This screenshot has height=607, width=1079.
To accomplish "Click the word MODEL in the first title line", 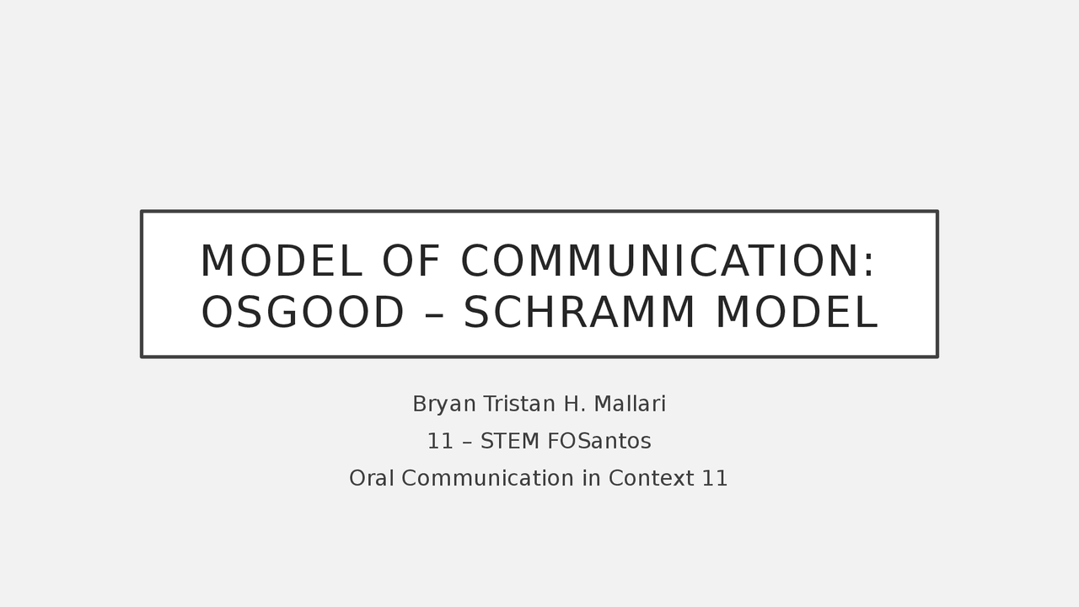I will (x=281, y=261).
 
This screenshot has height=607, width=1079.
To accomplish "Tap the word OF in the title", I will (x=411, y=261).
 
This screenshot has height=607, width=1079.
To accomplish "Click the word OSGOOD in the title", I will (x=303, y=314).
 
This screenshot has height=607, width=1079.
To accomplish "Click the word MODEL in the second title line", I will (x=796, y=314).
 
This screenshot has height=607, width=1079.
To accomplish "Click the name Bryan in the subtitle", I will (x=444, y=405).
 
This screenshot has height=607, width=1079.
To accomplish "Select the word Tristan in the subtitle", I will (x=518, y=405).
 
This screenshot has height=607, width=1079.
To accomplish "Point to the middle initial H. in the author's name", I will (x=574, y=405).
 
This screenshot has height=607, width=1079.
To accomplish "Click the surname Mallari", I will (x=630, y=405).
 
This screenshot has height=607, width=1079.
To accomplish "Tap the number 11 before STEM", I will (x=441, y=442).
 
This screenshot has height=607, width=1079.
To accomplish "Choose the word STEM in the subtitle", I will (x=510, y=442).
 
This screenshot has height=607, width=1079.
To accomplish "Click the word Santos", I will (x=615, y=442).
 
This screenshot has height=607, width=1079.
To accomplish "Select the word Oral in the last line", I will (x=372, y=479).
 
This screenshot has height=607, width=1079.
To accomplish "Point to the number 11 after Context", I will (x=715, y=479).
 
